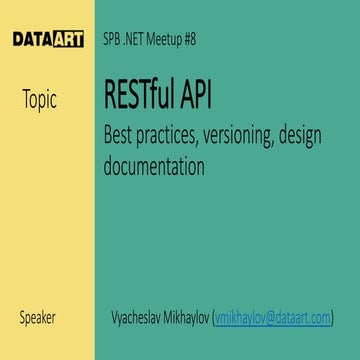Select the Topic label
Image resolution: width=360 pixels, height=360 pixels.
39,100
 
